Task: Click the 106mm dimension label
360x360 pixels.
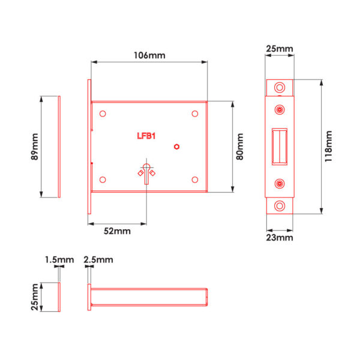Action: (149, 55)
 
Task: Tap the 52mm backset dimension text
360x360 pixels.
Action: (117, 231)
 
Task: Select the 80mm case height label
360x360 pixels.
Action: (239, 146)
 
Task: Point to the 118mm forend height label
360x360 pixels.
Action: (329, 146)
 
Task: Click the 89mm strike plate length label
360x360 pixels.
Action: (34, 146)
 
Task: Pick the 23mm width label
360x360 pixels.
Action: (280, 238)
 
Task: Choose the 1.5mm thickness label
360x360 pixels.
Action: (59, 260)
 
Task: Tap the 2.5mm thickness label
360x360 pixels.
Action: (98, 260)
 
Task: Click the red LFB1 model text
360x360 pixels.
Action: (146, 136)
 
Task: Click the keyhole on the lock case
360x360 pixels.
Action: (146, 173)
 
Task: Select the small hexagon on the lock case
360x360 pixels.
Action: (176, 147)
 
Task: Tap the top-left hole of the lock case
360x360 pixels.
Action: (103, 113)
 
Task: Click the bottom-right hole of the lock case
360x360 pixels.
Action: (195, 179)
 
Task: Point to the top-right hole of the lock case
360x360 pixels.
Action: (195, 113)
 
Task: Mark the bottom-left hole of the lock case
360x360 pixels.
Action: (103, 179)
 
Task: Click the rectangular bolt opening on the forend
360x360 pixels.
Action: (280, 146)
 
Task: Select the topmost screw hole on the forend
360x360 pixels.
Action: (280, 88)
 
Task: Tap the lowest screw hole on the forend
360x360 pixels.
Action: (280, 206)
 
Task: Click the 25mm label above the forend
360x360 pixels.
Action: (280, 49)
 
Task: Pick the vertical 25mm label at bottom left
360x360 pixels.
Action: (34, 297)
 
